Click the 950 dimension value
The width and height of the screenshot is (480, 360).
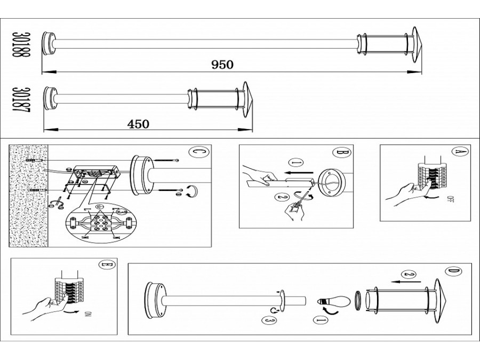click(222, 65)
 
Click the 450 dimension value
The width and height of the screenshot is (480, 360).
click(138, 124)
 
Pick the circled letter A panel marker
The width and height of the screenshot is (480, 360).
click(457, 151)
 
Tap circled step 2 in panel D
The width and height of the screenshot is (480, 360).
click(409, 275)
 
